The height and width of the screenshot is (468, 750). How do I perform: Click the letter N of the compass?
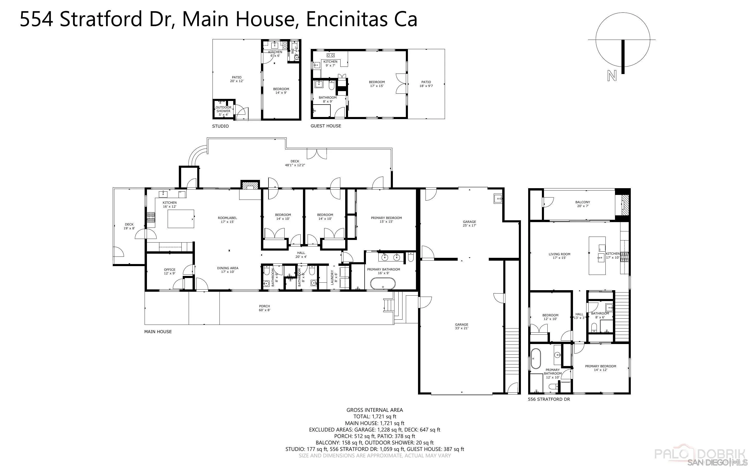point(611,76)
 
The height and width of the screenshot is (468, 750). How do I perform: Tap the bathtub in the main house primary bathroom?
point(383,284)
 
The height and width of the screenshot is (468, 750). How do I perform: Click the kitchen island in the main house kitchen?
point(181,218)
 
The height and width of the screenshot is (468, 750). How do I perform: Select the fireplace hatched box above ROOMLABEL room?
point(250,185)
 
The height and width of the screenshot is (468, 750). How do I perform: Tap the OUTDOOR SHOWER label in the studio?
point(223,111)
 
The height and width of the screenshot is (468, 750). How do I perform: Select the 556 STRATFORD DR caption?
point(549,399)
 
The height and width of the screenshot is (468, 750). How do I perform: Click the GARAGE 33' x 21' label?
point(462,326)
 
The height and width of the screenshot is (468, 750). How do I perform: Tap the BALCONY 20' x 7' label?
point(583,204)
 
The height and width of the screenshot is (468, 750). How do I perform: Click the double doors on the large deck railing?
point(317,153)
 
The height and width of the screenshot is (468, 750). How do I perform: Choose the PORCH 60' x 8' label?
point(265,308)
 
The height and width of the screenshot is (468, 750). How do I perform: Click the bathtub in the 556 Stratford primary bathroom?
point(536,359)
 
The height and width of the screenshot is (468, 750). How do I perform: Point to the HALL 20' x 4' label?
point(301,255)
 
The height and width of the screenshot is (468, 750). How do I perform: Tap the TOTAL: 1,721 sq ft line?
point(374,417)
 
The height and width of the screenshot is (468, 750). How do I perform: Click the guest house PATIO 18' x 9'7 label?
point(426,84)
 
